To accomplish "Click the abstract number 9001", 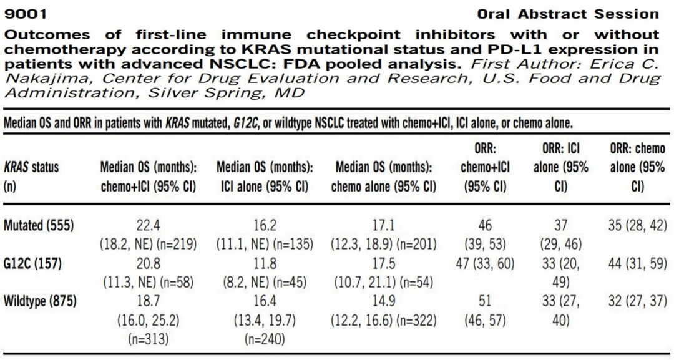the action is (26, 14).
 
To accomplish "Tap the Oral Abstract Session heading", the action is (568, 14).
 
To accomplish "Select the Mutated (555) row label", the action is (39, 225).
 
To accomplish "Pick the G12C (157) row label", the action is (32, 263).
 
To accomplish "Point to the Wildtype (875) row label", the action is (40, 301).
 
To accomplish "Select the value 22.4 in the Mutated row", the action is (149, 225).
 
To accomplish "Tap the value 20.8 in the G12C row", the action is (149, 263).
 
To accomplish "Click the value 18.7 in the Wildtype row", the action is (149, 301).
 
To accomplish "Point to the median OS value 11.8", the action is (265, 263).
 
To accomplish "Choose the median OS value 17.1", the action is (383, 225).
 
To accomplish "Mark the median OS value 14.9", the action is (383, 301).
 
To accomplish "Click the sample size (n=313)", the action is (149, 339).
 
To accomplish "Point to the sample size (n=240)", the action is (265, 339).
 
